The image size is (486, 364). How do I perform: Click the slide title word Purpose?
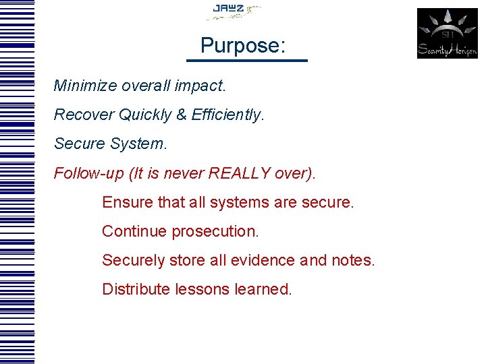coord(240,46)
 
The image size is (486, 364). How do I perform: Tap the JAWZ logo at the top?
coord(233,11)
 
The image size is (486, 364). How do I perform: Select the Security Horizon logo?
coord(447,33)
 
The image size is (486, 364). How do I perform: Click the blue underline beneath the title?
coord(246,61)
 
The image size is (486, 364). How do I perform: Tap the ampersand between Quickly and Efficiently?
coord(182,115)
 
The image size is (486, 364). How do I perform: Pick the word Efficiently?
coord(227,115)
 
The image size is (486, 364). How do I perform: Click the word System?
coord(142,144)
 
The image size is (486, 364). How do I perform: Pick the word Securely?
coord(133,260)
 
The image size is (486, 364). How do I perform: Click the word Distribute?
coord(136,289)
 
